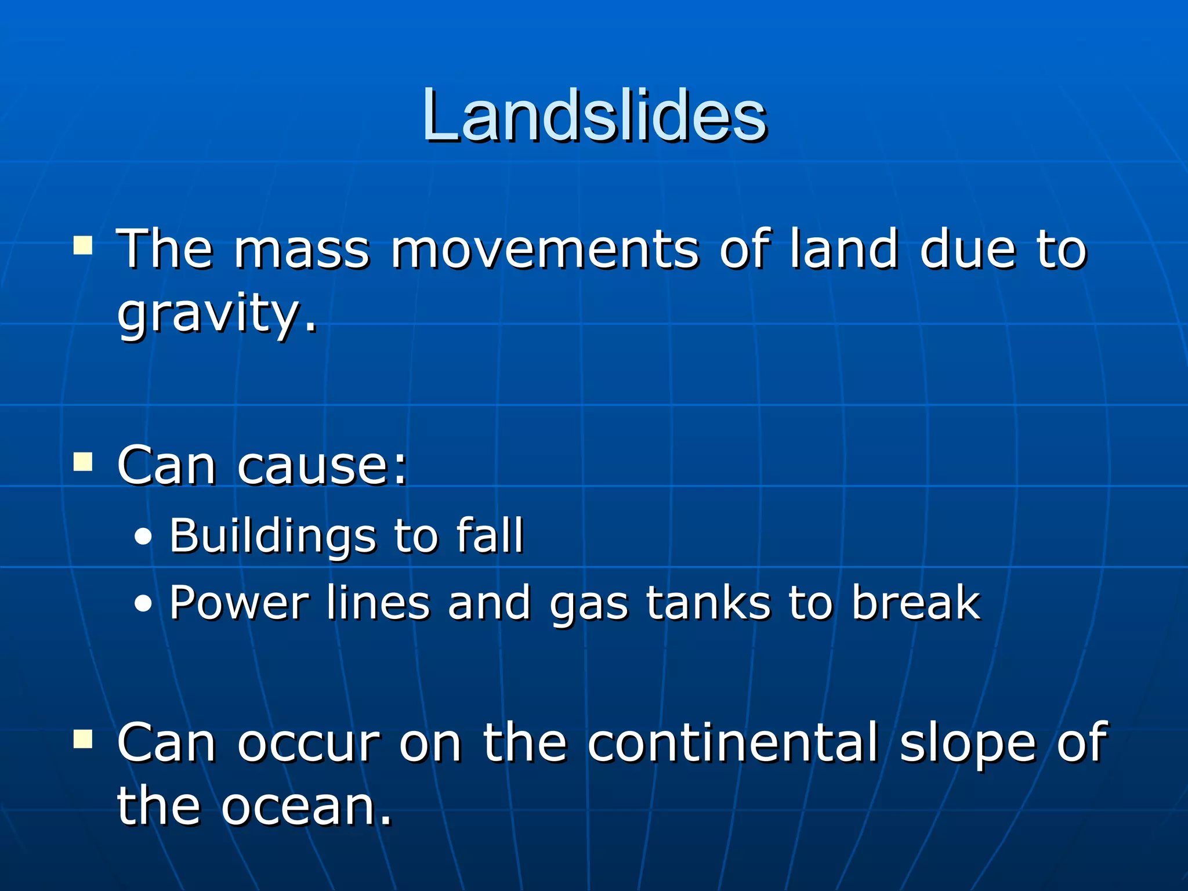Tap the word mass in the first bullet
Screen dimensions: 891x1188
[301, 249]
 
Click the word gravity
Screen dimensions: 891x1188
[216, 314]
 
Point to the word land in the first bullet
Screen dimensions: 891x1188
[844, 249]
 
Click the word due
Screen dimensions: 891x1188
[968, 249]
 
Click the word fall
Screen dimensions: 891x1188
[490, 535]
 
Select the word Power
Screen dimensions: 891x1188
[239, 603]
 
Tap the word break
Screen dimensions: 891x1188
[916, 603]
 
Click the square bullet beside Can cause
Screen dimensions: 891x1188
[83, 462]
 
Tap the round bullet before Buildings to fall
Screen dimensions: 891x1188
[143, 538]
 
